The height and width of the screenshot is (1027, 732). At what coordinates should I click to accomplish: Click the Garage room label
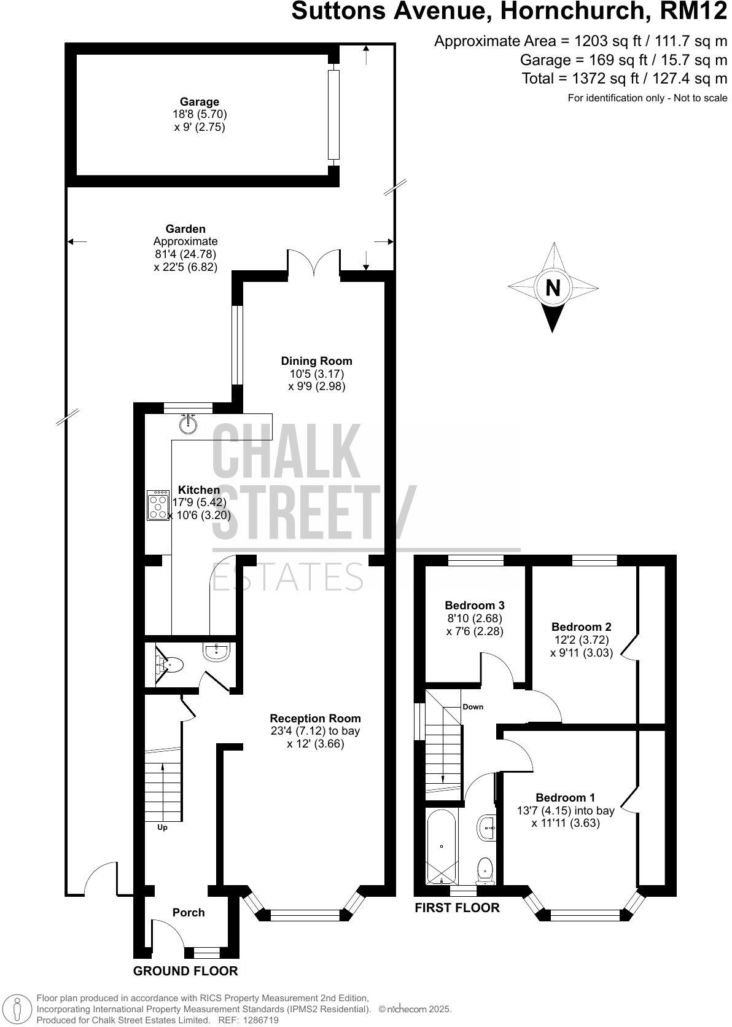point(199,102)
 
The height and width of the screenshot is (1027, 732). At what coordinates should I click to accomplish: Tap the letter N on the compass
point(553,287)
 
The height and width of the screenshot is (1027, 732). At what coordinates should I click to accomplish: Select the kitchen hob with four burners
point(158,506)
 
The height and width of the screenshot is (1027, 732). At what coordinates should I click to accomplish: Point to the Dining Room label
point(316,361)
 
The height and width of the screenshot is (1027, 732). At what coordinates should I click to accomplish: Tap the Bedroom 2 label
point(581,627)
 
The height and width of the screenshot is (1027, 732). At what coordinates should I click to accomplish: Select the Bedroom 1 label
point(565,798)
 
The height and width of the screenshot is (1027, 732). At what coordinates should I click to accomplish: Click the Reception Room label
point(316,718)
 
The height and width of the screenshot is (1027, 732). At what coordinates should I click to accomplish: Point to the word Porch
point(189,912)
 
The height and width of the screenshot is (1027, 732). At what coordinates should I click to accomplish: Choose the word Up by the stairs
point(162,827)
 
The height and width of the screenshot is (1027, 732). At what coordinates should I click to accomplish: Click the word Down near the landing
point(473,707)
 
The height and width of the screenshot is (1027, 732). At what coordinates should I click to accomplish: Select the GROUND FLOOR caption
point(185,970)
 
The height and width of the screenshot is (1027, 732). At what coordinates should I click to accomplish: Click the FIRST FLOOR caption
point(457,907)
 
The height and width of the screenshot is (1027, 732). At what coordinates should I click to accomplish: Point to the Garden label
point(185,229)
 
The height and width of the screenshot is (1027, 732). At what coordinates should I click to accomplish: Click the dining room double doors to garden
point(314,262)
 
